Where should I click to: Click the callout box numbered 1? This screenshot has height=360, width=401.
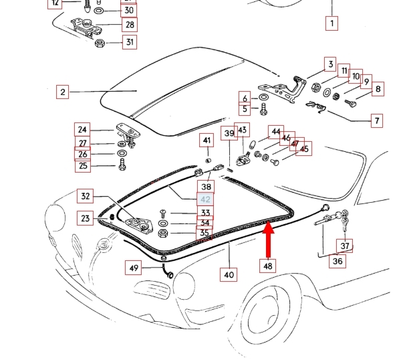point(330,24)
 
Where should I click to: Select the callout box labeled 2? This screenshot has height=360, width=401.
point(62,92)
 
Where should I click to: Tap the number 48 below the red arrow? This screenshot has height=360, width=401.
point(268,266)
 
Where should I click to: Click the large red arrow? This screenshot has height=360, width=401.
point(268,240)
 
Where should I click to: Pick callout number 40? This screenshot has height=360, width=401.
point(229,273)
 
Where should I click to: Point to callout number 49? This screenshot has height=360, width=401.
point(134,269)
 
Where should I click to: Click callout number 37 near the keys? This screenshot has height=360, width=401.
point(345,246)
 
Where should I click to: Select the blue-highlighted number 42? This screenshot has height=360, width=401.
point(206,200)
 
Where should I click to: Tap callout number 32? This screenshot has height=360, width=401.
point(86,197)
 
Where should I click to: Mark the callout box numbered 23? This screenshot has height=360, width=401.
point(86,218)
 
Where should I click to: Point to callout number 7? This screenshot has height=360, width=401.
point(377,121)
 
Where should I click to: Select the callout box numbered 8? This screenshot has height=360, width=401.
point(378,89)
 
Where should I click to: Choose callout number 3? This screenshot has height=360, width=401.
point(330,65)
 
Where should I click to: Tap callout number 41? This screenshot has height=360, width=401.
point(207,141)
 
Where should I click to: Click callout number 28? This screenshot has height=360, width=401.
point(129,25)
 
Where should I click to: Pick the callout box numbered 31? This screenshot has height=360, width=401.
point(129,43)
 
